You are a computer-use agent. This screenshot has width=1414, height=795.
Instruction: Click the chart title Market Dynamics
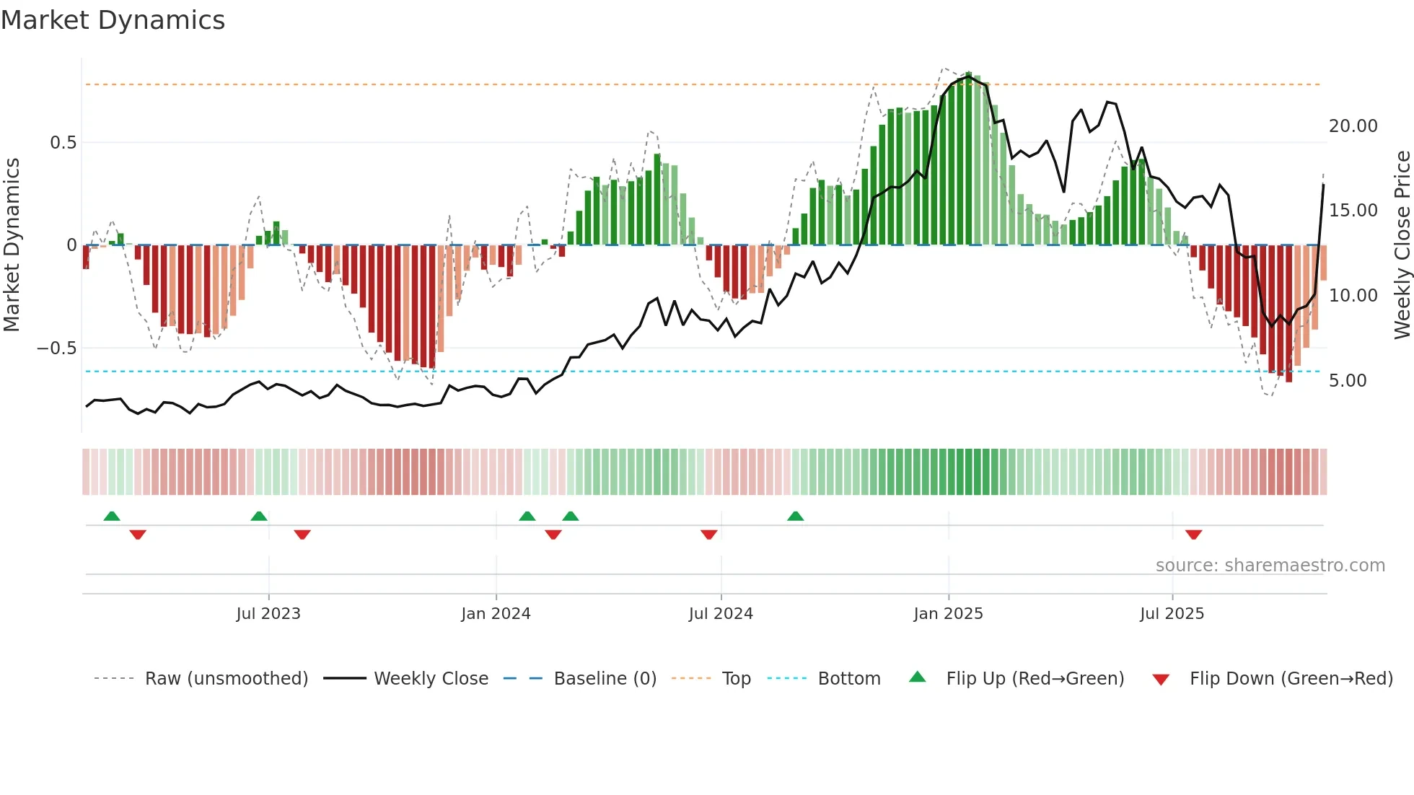(113, 20)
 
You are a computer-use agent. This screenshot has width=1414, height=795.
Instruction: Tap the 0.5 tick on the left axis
(63, 143)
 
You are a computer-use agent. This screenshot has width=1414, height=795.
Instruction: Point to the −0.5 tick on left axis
(56, 348)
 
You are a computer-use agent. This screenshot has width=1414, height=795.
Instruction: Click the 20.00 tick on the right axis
(1353, 126)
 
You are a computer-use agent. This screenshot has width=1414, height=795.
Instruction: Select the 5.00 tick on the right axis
(1347, 381)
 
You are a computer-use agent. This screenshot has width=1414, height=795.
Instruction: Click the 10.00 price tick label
(1353, 296)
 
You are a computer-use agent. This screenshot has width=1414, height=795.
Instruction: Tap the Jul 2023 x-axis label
(268, 614)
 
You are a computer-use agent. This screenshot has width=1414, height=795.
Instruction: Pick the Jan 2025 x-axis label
(947, 614)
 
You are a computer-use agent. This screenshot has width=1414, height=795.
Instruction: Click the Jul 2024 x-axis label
(720, 614)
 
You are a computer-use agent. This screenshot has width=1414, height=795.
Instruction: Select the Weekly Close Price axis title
(1402, 245)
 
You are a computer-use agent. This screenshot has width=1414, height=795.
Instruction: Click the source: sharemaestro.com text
(1270, 566)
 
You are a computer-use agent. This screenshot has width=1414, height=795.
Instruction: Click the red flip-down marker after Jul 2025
(1193, 535)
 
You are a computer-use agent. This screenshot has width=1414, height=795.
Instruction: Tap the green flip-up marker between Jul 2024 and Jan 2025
(795, 516)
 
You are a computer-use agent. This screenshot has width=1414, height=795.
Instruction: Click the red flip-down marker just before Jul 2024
(708, 535)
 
